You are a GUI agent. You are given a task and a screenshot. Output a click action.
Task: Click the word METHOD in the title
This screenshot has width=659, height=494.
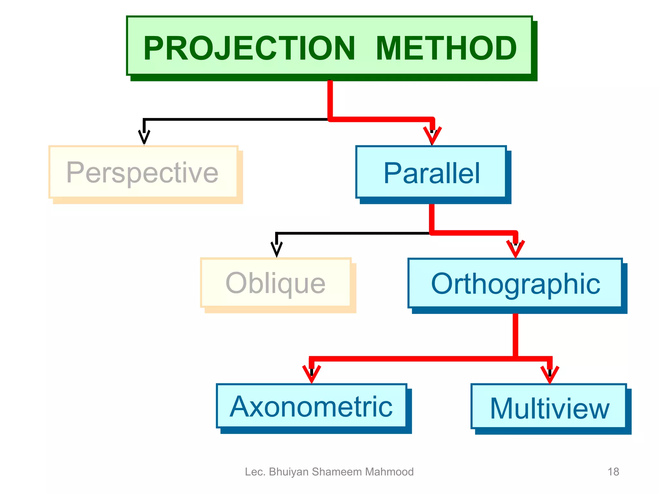[x=446, y=48]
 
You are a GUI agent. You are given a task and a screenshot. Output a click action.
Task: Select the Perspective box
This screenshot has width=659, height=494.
[x=143, y=172]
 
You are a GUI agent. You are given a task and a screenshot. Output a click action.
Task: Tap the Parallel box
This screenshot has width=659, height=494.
[x=431, y=173]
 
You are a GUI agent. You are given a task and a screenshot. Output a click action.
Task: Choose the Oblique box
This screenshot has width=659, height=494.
[x=276, y=283]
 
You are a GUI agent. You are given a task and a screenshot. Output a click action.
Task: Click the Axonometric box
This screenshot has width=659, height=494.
[x=311, y=406]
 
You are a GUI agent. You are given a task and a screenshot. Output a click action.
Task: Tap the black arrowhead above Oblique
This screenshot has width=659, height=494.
[x=276, y=249]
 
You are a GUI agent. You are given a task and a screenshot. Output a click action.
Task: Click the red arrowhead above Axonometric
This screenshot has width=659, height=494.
[x=311, y=374]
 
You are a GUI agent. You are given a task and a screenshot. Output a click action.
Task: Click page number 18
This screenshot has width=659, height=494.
[x=613, y=472]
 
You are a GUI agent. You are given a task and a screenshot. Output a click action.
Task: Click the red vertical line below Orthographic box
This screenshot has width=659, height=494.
[x=515, y=334]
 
